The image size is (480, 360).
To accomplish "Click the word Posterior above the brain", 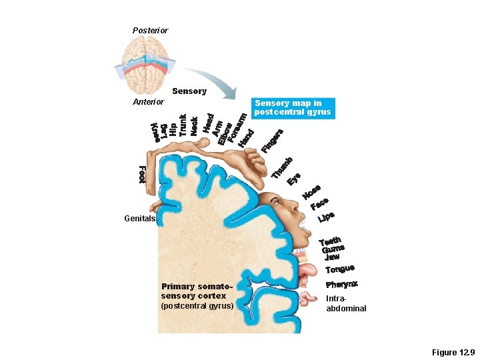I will (150, 31).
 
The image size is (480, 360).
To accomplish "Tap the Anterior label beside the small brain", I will (148, 102).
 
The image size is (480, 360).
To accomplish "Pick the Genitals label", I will (139, 219).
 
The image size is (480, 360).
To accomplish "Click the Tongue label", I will (339, 268).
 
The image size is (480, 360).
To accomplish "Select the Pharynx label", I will (341, 285).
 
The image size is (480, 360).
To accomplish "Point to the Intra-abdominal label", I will (345, 304).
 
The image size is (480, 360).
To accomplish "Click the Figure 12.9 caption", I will (453, 351).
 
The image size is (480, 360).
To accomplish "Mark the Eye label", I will (294, 179).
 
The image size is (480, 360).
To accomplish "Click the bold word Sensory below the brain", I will (189, 91).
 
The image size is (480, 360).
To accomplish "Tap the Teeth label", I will (330, 241).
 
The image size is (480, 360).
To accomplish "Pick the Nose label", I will (311, 192).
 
